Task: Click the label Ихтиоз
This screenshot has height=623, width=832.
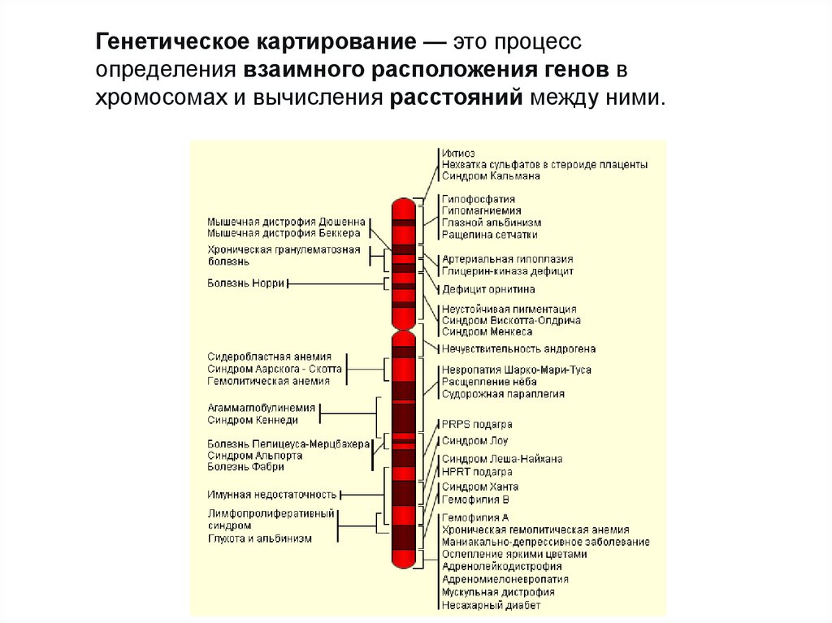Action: tap(458, 153)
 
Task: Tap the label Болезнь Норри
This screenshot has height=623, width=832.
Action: tap(245, 283)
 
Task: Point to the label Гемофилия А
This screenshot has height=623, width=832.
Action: tap(475, 517)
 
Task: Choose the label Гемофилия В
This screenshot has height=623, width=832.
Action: tap(475, 500)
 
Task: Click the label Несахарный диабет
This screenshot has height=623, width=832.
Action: tap(491, 604)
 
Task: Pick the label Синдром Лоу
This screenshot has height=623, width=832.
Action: tap(474, 441)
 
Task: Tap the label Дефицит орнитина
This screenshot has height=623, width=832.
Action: tap(487, 289)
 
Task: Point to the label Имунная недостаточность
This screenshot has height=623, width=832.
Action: tap(271, 494)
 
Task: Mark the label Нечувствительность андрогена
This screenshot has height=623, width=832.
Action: tap(518, 349)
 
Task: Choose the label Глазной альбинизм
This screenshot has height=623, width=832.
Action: tap(491, 223)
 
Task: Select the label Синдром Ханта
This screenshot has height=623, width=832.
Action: tap(479, 487)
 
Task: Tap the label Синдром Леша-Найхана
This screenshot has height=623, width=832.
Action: tap(501, 459)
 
